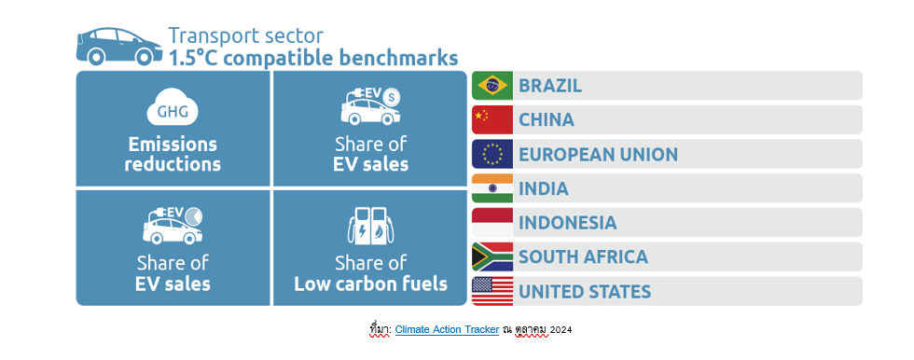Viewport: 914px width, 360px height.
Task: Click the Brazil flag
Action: [492, 86]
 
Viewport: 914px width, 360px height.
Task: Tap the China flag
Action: [492, 120]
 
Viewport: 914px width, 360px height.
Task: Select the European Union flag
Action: [492, 155]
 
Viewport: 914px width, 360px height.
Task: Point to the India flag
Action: [492, 188]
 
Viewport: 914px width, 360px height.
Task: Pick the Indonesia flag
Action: [492, 223]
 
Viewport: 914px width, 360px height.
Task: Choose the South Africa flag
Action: [492, 256]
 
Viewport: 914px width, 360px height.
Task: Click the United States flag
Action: [492, 291]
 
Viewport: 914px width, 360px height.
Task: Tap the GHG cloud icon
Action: [173, 109]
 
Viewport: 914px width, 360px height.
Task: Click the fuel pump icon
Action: [371, 225]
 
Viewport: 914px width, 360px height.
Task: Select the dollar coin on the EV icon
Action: [392, 96]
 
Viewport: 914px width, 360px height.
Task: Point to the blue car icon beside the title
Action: [119, 46]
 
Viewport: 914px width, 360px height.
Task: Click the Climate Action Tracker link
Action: [447, 330]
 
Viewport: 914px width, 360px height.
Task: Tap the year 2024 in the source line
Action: [561, 330]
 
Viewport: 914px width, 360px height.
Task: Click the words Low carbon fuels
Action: [371, 284]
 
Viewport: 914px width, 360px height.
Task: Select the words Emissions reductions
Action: [173, 154]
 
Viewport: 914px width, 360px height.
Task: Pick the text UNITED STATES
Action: [585, 291]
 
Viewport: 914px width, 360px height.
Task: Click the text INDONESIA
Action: [568, 223]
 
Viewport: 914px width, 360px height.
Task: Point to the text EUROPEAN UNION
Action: [599, 155]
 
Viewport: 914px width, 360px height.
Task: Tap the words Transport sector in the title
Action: [245, 35]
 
